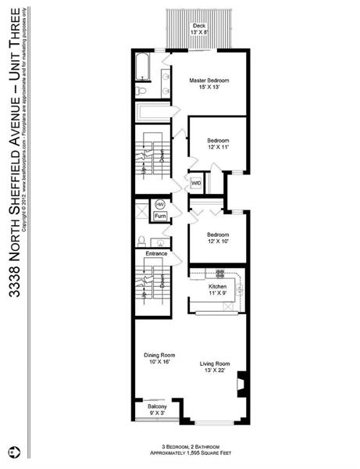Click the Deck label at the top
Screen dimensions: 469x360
199,26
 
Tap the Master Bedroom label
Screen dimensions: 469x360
209,81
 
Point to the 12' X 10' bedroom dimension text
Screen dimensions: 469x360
218,242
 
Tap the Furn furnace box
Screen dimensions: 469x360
160,216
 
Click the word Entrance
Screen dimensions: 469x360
157,253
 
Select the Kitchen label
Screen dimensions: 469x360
217,287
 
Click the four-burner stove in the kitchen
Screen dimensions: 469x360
220,274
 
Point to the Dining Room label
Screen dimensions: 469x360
159,355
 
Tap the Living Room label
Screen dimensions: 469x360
214,363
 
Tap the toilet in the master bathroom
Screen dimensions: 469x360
141,91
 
